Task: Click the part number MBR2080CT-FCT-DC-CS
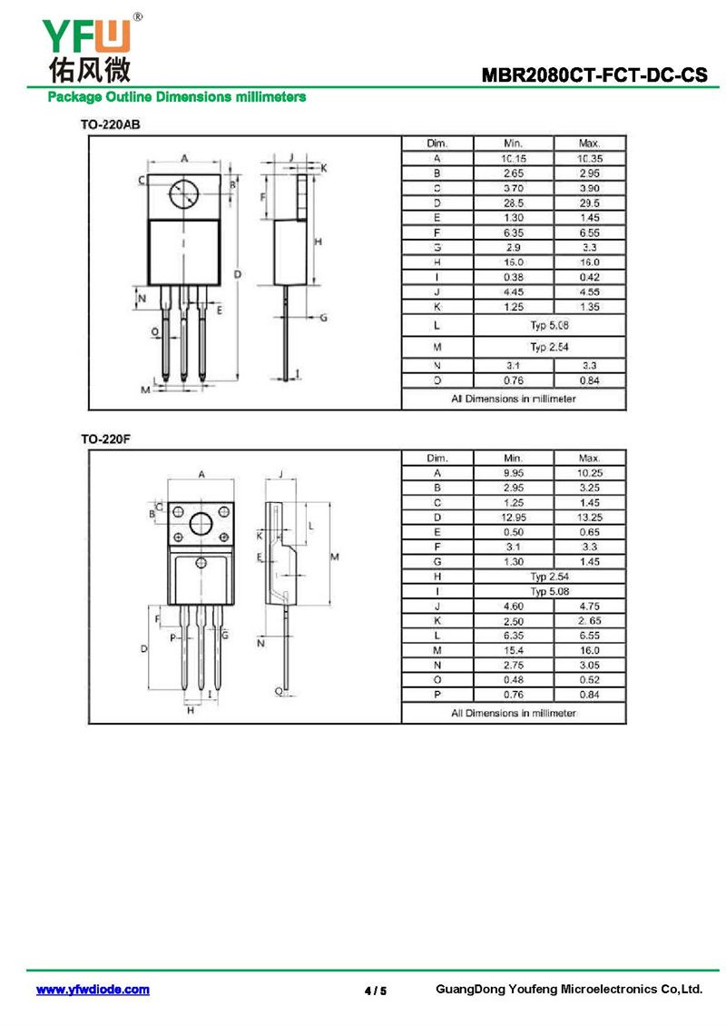coord(594,74)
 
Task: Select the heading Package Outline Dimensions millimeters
coord(177,97)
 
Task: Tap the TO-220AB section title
coord(111,124)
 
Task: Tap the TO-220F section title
coord(106,439)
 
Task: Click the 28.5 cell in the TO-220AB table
coord(514,202)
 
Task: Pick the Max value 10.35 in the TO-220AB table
coord(589,158)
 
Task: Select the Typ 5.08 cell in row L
coord(549,325)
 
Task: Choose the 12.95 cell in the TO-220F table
coord(514,517)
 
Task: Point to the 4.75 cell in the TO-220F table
coord(589,606)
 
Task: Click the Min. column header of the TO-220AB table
coord(514,143)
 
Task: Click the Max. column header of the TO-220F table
coord(589,458)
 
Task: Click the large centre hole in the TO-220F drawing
coord(201,524)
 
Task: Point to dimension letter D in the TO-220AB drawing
coord(238,274)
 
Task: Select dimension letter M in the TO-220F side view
coord(334,557)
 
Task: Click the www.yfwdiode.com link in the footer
coord(93,990)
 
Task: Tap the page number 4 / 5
coord(376,991)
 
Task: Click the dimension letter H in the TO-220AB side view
coord(318,242)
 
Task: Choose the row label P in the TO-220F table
coord(437,695)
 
